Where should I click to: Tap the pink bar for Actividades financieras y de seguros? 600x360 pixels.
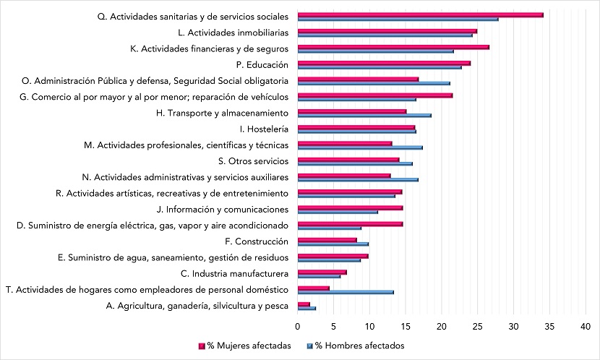pos(393,47)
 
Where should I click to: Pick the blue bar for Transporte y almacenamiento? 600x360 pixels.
pos(364,115)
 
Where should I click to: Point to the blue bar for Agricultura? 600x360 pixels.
pos(307,308)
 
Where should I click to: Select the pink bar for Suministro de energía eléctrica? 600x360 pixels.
pos(350,224)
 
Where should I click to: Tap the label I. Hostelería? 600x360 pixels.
pos(264,129)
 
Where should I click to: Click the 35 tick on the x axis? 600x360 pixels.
pos(549,326)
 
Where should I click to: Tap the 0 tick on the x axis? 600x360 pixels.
pos(297,326)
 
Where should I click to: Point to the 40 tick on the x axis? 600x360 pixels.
pos(586,326)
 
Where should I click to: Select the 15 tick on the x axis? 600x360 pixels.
pos(406,326)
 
